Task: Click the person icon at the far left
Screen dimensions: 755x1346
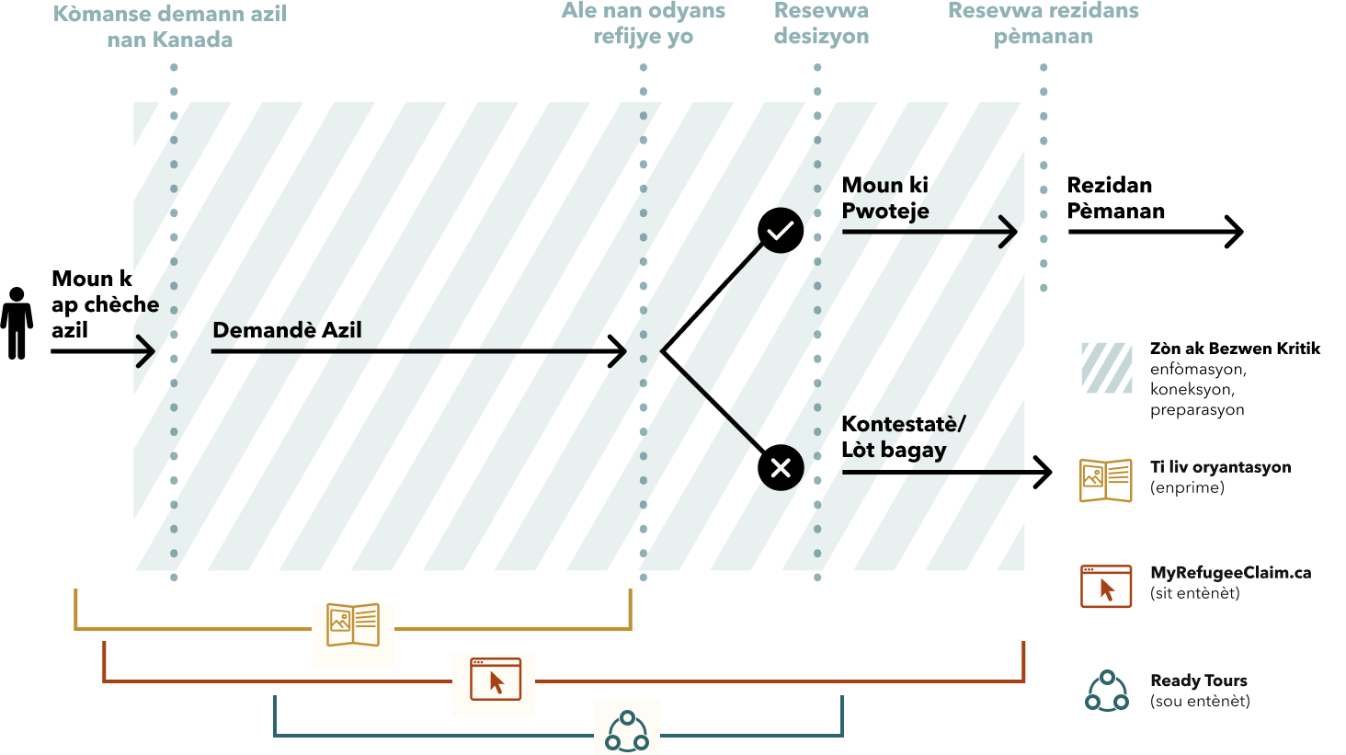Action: [x=17, y=323]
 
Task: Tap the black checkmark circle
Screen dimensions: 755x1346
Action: [x=781, y=230]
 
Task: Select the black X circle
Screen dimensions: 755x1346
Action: [x=781, y=468]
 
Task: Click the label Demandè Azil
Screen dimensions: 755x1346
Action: [x=287, y=330]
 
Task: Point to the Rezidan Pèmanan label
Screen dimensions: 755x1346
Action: [x=1115, y=199]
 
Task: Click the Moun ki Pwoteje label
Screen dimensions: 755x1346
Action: [x=885, y=199]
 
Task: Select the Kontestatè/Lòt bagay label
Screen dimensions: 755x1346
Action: [x=902, y=437]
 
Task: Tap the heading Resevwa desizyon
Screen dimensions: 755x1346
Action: [x=821, y=24]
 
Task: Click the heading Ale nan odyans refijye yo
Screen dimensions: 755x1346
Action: [x=643, y=24]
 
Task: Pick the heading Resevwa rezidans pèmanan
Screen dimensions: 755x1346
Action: [x=1043, y=24]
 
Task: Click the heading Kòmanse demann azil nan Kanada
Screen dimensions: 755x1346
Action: [x=170, y=27]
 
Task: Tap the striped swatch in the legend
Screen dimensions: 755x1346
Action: [x=1106, y=368]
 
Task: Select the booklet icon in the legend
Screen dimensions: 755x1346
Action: [x=1105, y=479]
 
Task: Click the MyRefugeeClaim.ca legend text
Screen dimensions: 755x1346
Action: [x=1230, y=573]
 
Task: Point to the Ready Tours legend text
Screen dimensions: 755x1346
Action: [x=1198, y=681]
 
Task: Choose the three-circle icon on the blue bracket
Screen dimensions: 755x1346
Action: [x=627, y=731]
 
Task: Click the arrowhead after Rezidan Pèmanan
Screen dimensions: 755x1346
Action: [x=1233, y=232]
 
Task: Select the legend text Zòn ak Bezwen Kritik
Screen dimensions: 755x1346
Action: [x=1234, y=349]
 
